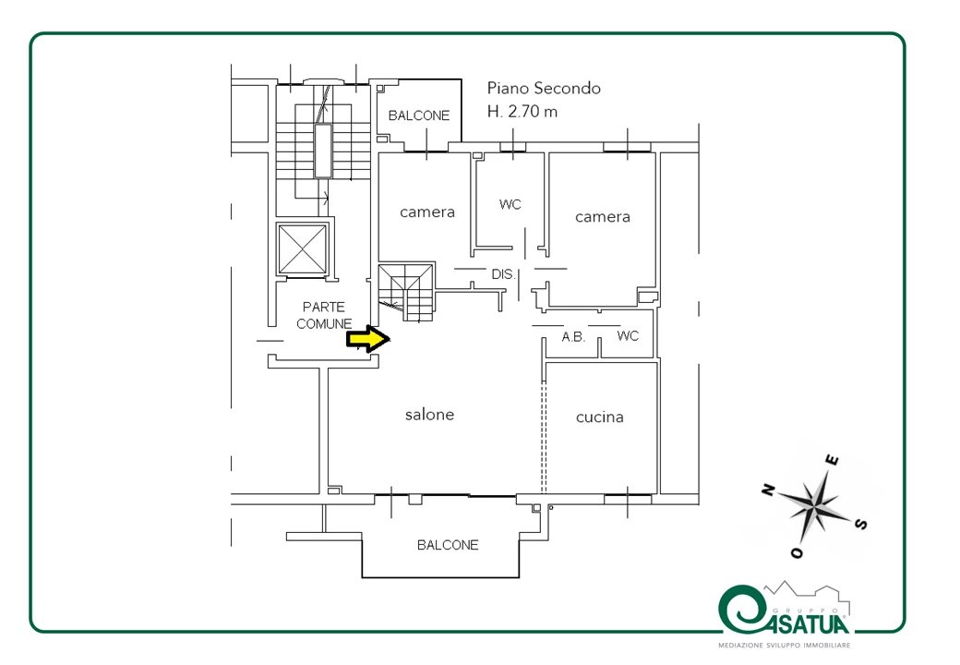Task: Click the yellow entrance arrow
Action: click(368, 339)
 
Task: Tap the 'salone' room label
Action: click(429, 415)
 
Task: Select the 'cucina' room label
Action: click(599, 417)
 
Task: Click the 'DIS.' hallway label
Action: click(503, 274)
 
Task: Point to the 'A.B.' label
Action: click(573, 336)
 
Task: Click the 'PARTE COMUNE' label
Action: click(324, 315)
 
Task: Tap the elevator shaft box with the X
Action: click(302, 249)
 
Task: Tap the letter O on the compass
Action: click(797, 553)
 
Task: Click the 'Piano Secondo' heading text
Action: click(544, 89)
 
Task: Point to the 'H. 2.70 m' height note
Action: click(522, 112)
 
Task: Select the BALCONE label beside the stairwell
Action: click(419, 115)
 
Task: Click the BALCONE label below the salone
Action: click(448, 545)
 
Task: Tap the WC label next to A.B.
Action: click(628, 335)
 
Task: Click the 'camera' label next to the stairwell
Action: click(427, 212)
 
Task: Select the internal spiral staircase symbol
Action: click(406, 293)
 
